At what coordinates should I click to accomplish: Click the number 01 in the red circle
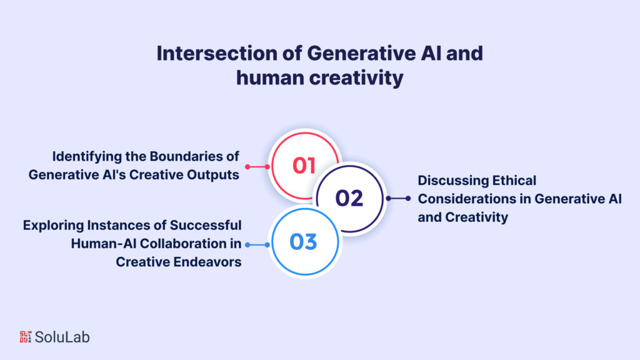point(304,166)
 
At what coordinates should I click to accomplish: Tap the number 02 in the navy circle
point(349,198)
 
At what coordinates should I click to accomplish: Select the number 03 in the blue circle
point(304,242)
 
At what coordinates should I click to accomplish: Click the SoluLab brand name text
point(62,337)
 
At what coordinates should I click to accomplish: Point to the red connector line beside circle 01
point(257,167)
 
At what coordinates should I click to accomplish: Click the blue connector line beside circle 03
point(257,245)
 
